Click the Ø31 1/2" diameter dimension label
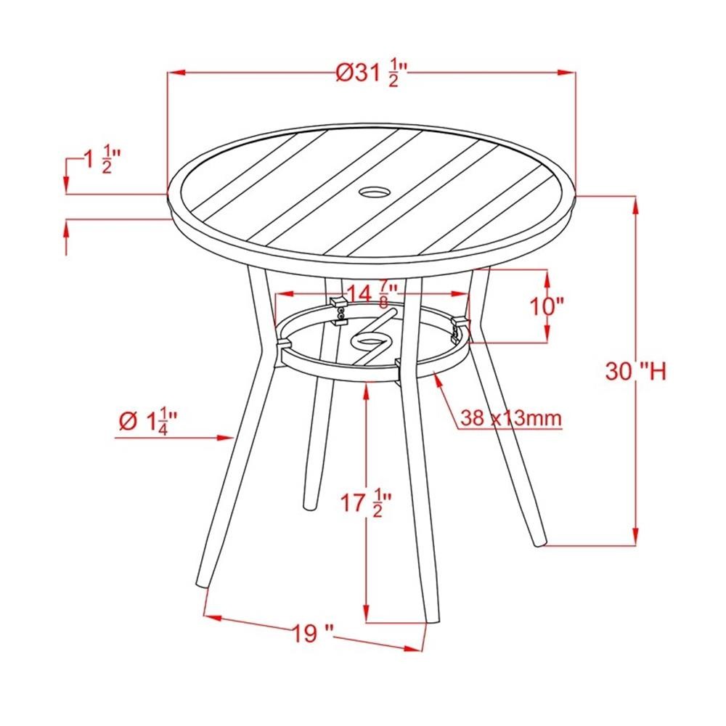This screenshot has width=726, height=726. click(372, 73)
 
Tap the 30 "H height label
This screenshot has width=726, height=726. click(636, 371)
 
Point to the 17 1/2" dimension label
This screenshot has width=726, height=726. click(366, 503)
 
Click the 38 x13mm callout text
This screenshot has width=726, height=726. click(511, 418)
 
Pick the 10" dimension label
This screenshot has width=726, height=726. click(547, 306)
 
